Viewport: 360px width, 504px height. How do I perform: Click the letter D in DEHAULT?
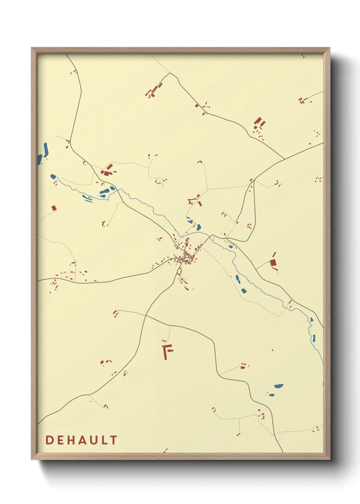(49, 440)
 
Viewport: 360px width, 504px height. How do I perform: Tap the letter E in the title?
(60, 440)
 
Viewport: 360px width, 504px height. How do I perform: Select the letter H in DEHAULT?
(71, 440)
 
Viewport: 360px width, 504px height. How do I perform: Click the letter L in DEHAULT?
(103, 440)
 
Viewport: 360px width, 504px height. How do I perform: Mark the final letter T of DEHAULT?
(113, 440)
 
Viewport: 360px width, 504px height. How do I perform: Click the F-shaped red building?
(167, 351)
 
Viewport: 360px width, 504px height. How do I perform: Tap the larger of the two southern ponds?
(279, 386)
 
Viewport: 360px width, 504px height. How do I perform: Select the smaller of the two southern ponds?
(271, 395)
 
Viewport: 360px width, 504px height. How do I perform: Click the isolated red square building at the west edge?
(54, 208)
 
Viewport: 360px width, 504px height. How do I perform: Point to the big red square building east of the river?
(273, 262)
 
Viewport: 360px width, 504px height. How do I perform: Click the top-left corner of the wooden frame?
(32, 48)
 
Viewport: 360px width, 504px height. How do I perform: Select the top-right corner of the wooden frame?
(329, 48)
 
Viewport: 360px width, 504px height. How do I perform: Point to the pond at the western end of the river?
(53, 176)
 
